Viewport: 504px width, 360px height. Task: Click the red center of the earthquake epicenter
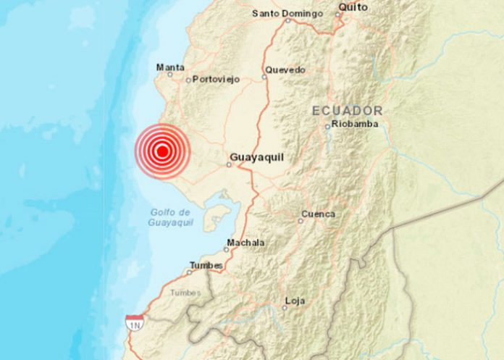click(163, 151)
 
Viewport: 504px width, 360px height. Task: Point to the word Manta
click(169, 67)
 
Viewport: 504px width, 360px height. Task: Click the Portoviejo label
click(216, 80)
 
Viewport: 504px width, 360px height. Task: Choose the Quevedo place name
click(285, 70)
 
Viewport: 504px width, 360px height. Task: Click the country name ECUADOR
click(347, 110)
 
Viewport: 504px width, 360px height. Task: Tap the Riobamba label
click(354, 125)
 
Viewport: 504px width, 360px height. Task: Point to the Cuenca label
click(319, 214)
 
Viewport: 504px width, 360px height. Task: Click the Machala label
click(245, 243)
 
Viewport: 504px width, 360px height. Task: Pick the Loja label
click(295, 300)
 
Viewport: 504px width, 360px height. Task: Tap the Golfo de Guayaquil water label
click(171, 217)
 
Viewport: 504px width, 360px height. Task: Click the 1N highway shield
click(133, 322)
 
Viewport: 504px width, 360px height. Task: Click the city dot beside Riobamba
click(327, 126)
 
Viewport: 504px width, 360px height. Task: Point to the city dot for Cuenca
click(301, 220)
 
